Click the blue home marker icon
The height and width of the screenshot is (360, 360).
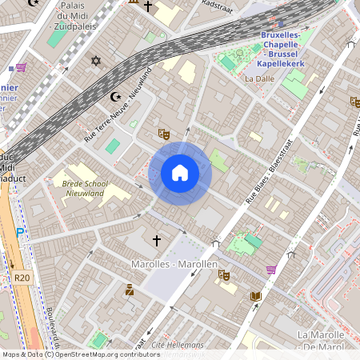pos(180,173)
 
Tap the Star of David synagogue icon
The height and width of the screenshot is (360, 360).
pos(97,62)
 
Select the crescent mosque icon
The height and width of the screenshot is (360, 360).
pos(116,97)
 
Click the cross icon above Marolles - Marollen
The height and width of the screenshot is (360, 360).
pos(157,240)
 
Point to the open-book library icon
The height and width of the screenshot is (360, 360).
pos(256,296)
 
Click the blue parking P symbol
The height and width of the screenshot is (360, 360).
pos(21,233)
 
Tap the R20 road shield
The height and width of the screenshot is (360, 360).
pos(22,278)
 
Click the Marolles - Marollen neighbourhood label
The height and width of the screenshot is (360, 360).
pos(174,264)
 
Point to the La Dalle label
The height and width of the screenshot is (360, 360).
pos(259,79)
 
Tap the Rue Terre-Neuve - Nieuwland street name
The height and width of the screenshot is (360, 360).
pos(118,107)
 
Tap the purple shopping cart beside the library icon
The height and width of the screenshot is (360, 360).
pos(271,270)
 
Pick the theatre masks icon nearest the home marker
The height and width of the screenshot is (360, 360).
pos(164,134)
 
